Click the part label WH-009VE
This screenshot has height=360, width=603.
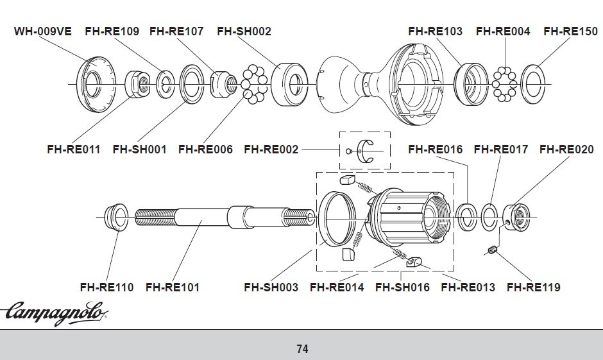click(43, 31)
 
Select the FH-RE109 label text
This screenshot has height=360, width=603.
click(112, 31)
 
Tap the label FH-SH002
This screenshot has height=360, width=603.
click(244, 31)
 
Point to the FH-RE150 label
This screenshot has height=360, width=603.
click(571, 31)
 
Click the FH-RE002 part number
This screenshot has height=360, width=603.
click(271, 150)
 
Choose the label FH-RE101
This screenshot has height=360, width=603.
click(173, 287)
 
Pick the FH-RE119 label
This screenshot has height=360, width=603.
click(534, 287)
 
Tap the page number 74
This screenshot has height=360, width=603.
click(302, 349)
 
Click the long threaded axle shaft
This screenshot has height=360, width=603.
click(225, 218)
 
